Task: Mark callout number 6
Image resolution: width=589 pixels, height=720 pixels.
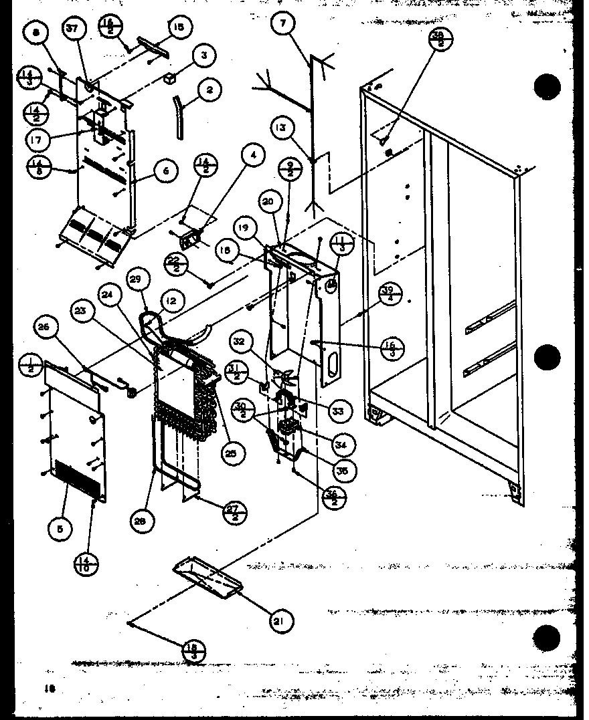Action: click(x=165, y=171)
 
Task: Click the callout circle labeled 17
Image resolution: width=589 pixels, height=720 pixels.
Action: click(x=36, y=140)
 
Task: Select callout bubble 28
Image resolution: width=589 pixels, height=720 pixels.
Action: click(x=139, y=523)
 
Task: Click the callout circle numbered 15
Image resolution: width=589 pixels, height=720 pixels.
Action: click(x=179, y=27)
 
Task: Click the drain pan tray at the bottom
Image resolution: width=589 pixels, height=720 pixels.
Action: click(x=207, y=578)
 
